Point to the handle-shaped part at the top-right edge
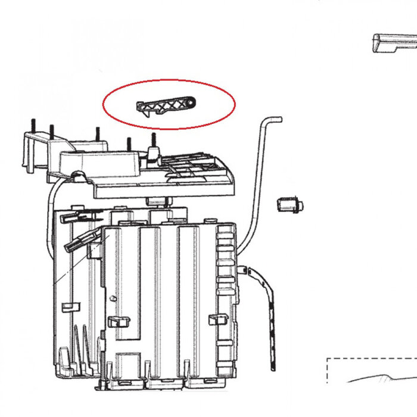click(x=393, y=43)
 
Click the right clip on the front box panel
click(x=217, y=319)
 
